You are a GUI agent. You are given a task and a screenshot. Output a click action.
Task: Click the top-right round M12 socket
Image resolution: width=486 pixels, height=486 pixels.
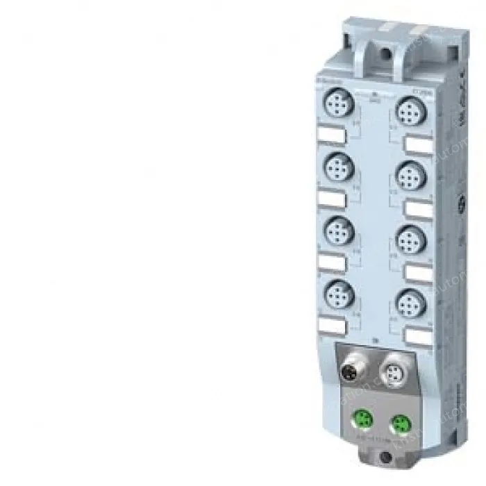(x=408, y=111)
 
